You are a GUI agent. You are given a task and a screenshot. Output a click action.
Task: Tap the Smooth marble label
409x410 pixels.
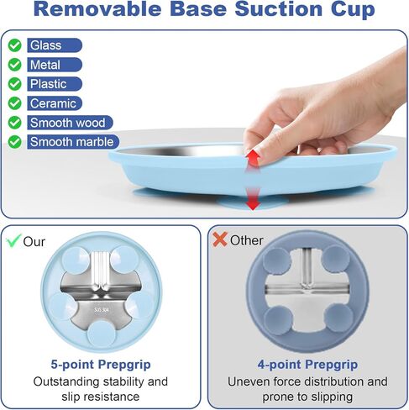71,142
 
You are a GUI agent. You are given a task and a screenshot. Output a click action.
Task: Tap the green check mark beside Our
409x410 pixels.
14,239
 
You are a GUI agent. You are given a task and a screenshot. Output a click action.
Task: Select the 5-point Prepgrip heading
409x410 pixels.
101,365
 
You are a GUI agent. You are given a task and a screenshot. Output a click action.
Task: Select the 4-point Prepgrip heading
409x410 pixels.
307,365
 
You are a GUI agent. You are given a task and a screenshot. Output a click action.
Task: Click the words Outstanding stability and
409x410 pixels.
101,381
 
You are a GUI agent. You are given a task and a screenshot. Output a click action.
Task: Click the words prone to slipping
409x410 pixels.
307,397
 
